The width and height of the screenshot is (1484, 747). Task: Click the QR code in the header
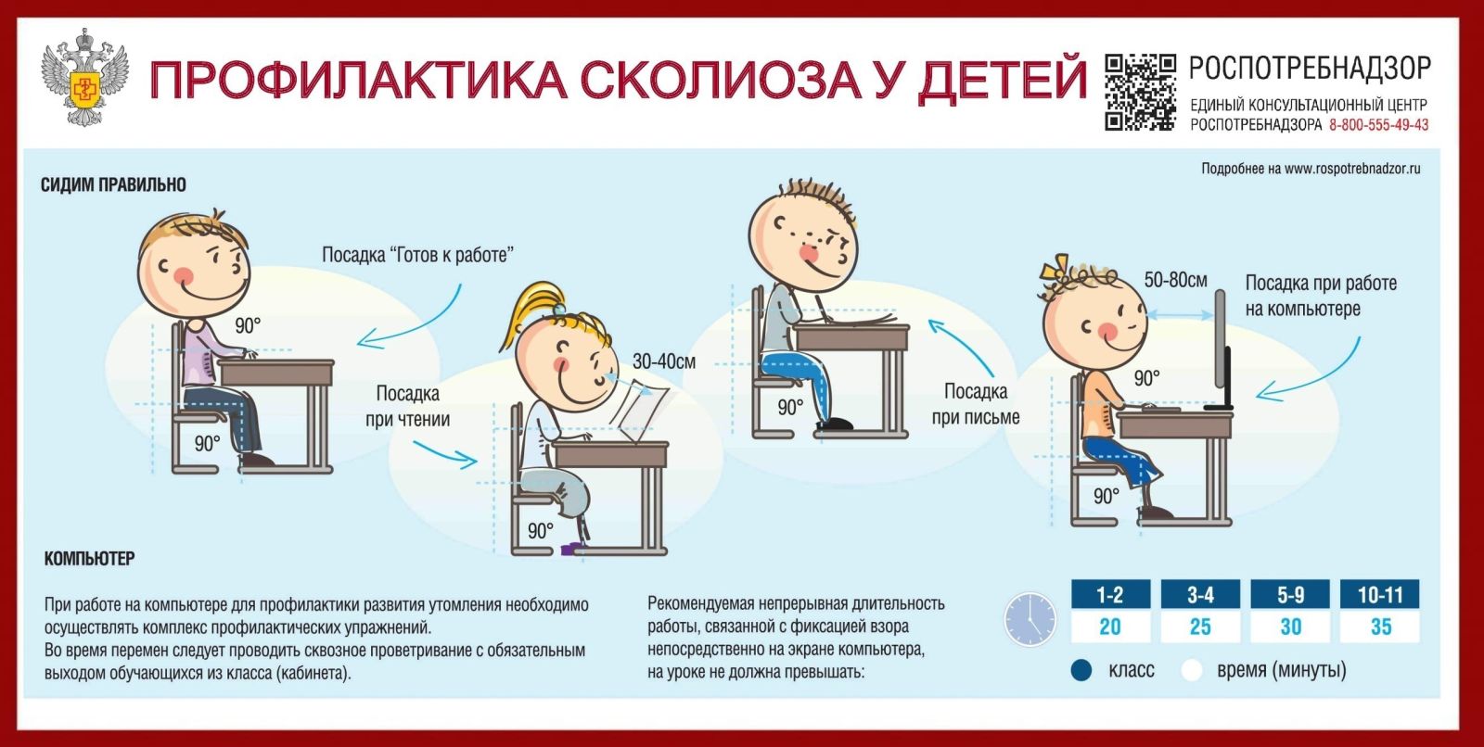(1140, 92)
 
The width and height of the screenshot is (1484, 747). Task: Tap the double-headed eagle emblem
(84, 78)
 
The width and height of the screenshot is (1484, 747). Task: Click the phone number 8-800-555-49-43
(1378, 124)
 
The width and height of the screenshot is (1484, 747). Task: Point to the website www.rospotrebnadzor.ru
(1352, 169)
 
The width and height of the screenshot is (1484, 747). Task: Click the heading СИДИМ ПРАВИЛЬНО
(113, 184)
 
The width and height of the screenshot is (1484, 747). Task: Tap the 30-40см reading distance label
(664, 361)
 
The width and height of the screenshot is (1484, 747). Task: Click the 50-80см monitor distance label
(1175, 280)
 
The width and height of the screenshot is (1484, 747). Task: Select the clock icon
(1030, 619)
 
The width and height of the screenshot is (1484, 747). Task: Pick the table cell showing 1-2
(1110, 595)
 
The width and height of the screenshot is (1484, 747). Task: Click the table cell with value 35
(1381, 626)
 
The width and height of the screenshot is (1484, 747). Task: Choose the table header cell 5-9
(1290, 595)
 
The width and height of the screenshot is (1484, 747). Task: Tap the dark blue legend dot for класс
(1081, 670)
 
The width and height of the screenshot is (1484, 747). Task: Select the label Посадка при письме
(975, 404)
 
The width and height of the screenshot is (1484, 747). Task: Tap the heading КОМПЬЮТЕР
(89, 558)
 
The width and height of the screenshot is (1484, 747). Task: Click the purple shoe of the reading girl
(573, 549)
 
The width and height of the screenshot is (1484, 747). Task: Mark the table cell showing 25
(1200, 626)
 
